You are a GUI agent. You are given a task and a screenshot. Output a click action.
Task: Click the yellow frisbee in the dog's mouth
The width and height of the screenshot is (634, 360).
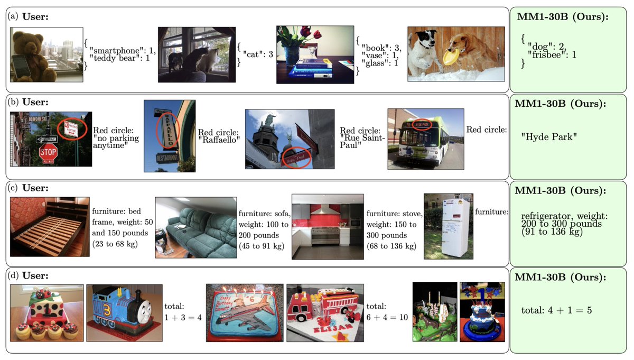coord(451,56)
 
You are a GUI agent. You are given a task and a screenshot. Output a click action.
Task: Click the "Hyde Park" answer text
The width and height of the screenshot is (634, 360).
coord(549,137)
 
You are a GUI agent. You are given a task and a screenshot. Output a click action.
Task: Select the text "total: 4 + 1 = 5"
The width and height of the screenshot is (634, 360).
coord(556,310)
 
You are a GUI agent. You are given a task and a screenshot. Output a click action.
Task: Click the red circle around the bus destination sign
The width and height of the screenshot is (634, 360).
coord(422,125)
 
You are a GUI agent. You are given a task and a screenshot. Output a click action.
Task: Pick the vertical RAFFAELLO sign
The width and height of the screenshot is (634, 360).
coord(168,130)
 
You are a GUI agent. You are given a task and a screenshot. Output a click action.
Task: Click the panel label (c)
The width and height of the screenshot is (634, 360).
coord(13,188)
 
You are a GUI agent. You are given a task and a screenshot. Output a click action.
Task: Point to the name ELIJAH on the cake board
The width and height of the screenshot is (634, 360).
coord(333,329)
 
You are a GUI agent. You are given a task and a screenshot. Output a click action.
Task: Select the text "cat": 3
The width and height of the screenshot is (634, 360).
coord(258,54)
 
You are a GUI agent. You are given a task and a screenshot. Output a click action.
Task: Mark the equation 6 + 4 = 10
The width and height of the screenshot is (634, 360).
coord(387,317)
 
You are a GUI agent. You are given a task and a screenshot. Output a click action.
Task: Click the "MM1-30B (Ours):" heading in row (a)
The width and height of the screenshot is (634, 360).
coord(563,17)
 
